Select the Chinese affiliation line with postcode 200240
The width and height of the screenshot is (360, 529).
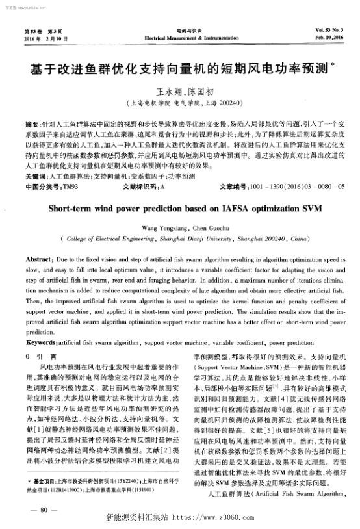(180, 103)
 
